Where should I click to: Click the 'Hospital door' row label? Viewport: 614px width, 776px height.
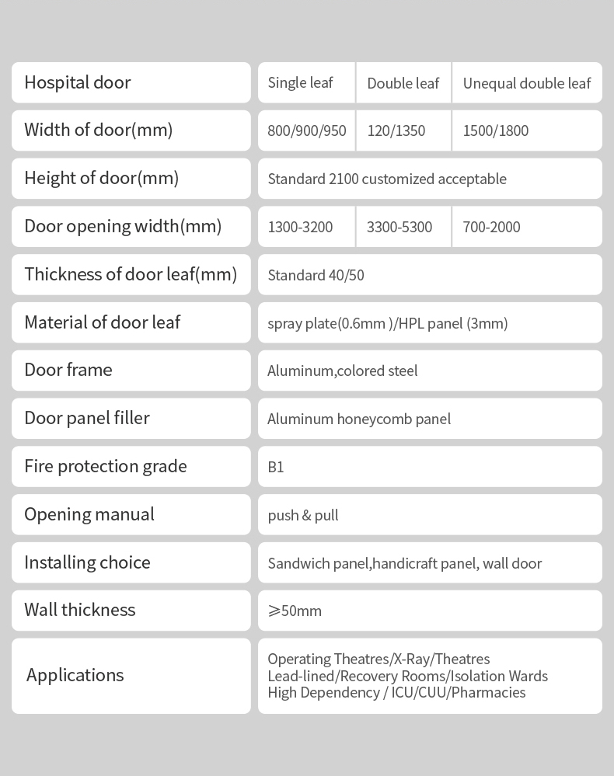78,82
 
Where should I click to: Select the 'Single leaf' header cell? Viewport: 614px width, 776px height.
300,82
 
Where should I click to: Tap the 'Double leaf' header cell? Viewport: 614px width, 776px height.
403,83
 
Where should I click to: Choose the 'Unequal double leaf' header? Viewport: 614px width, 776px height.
526,83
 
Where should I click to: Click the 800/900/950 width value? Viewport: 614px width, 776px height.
306,130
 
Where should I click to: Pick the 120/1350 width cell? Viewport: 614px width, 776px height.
396,130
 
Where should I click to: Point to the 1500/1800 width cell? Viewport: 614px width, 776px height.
495,130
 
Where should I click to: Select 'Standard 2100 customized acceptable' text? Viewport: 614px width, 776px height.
386,179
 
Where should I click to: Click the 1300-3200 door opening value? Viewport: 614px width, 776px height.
300,227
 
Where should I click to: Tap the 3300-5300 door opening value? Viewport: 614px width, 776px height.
399,227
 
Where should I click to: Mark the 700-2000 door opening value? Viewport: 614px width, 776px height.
491,227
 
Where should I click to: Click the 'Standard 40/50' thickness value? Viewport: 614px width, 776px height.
316,275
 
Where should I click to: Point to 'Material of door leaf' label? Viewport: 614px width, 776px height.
102,322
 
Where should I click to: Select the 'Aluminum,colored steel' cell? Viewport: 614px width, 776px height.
342,371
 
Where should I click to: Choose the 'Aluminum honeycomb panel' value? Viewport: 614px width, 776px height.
358,419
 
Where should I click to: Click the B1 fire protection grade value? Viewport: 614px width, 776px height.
276,467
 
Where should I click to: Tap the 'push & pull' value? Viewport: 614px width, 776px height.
302,515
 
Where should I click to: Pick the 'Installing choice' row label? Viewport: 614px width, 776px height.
87,562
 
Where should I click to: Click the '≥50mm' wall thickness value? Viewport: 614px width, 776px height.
295,611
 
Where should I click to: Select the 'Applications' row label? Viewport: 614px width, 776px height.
75,675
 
